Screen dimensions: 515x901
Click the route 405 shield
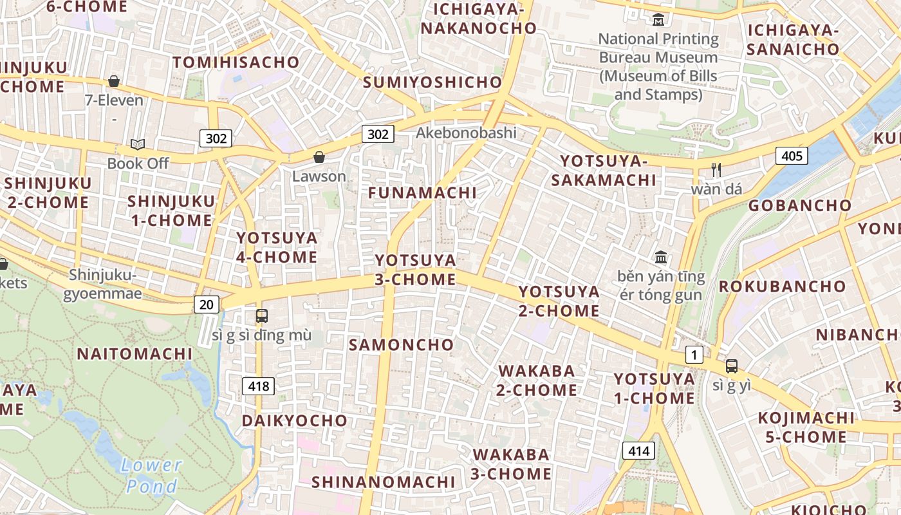[x=792, y=155]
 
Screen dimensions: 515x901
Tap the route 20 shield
[x=206, y=304]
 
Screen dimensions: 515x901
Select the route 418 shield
[x=258, y=386]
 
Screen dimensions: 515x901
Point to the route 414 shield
[x=638, y=451]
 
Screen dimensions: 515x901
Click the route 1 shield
[x=694, y=354]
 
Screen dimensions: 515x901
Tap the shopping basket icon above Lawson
[x=319, y=157]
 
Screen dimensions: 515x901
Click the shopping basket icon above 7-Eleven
[x=114, y=81]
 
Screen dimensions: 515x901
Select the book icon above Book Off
[x=138, y=144]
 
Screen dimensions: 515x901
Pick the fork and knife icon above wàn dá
[x=716, y=170]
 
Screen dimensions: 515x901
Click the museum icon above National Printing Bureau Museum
[x=658, y=20]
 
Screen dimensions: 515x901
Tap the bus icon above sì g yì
[x=731, y=366]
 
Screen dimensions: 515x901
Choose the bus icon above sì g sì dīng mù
[x=261, y=315]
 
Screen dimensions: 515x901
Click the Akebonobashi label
[x=466, y=133]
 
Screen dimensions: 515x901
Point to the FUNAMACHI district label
[x=422, y=192]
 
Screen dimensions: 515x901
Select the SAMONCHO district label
[x=401, y=344]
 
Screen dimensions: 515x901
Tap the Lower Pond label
[x=151, y=475]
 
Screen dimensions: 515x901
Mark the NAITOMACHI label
[x=135, y=353]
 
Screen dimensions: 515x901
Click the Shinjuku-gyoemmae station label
[x=103, y=285]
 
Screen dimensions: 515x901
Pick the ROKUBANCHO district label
[x=782, y=286]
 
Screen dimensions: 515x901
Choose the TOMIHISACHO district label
[x=236, y=62]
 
